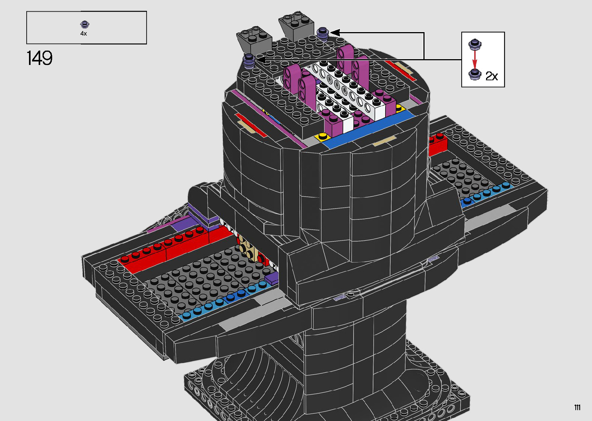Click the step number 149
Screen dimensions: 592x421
click(39, 58)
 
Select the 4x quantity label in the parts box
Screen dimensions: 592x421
click(84, 34)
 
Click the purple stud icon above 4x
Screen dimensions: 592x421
click(85, 25)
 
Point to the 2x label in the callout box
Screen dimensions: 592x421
click(491, 76)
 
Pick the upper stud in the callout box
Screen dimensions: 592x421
click(475, 44)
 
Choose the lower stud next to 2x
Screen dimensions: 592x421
click(475, 75)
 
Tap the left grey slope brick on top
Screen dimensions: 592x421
click(254, 40)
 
